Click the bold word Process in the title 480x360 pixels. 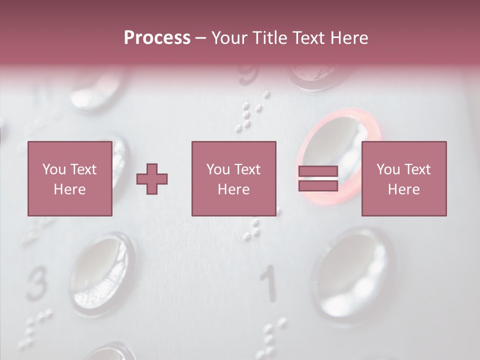coord(157,38)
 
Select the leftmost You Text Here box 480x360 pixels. coord(69,178)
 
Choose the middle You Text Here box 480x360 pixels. coord(233,178)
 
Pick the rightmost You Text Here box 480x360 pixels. coord(403,178)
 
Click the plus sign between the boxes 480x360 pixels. coord(152,179)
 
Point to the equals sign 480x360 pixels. coord(318,178)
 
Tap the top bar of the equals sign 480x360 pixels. coord(318,171)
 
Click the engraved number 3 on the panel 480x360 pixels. coord(36,285)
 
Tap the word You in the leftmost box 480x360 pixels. coord(54,169)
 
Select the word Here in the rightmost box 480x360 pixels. coord(403,189)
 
